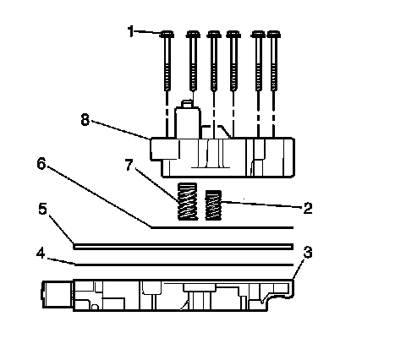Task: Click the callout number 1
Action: pyautogui.click(x=130, y=31)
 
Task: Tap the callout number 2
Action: pyautogui.click(x=308, y=208)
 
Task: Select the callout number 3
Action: pyautogui.click(x=308, y=252)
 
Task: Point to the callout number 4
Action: pyautogui.click(x=41, y=254)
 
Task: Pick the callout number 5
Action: pyautogui.click(x=42, y=209)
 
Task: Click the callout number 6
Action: pyautogui.click(x=41, y=163)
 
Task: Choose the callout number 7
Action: pyautogui.click(x=129, y=165)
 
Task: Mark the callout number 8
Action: pyautogui.click(x=85, y=120)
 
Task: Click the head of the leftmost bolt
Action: pyautogui.click(x=167, y=35)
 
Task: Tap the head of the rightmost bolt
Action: pyautogui.click(x=273, y=35)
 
